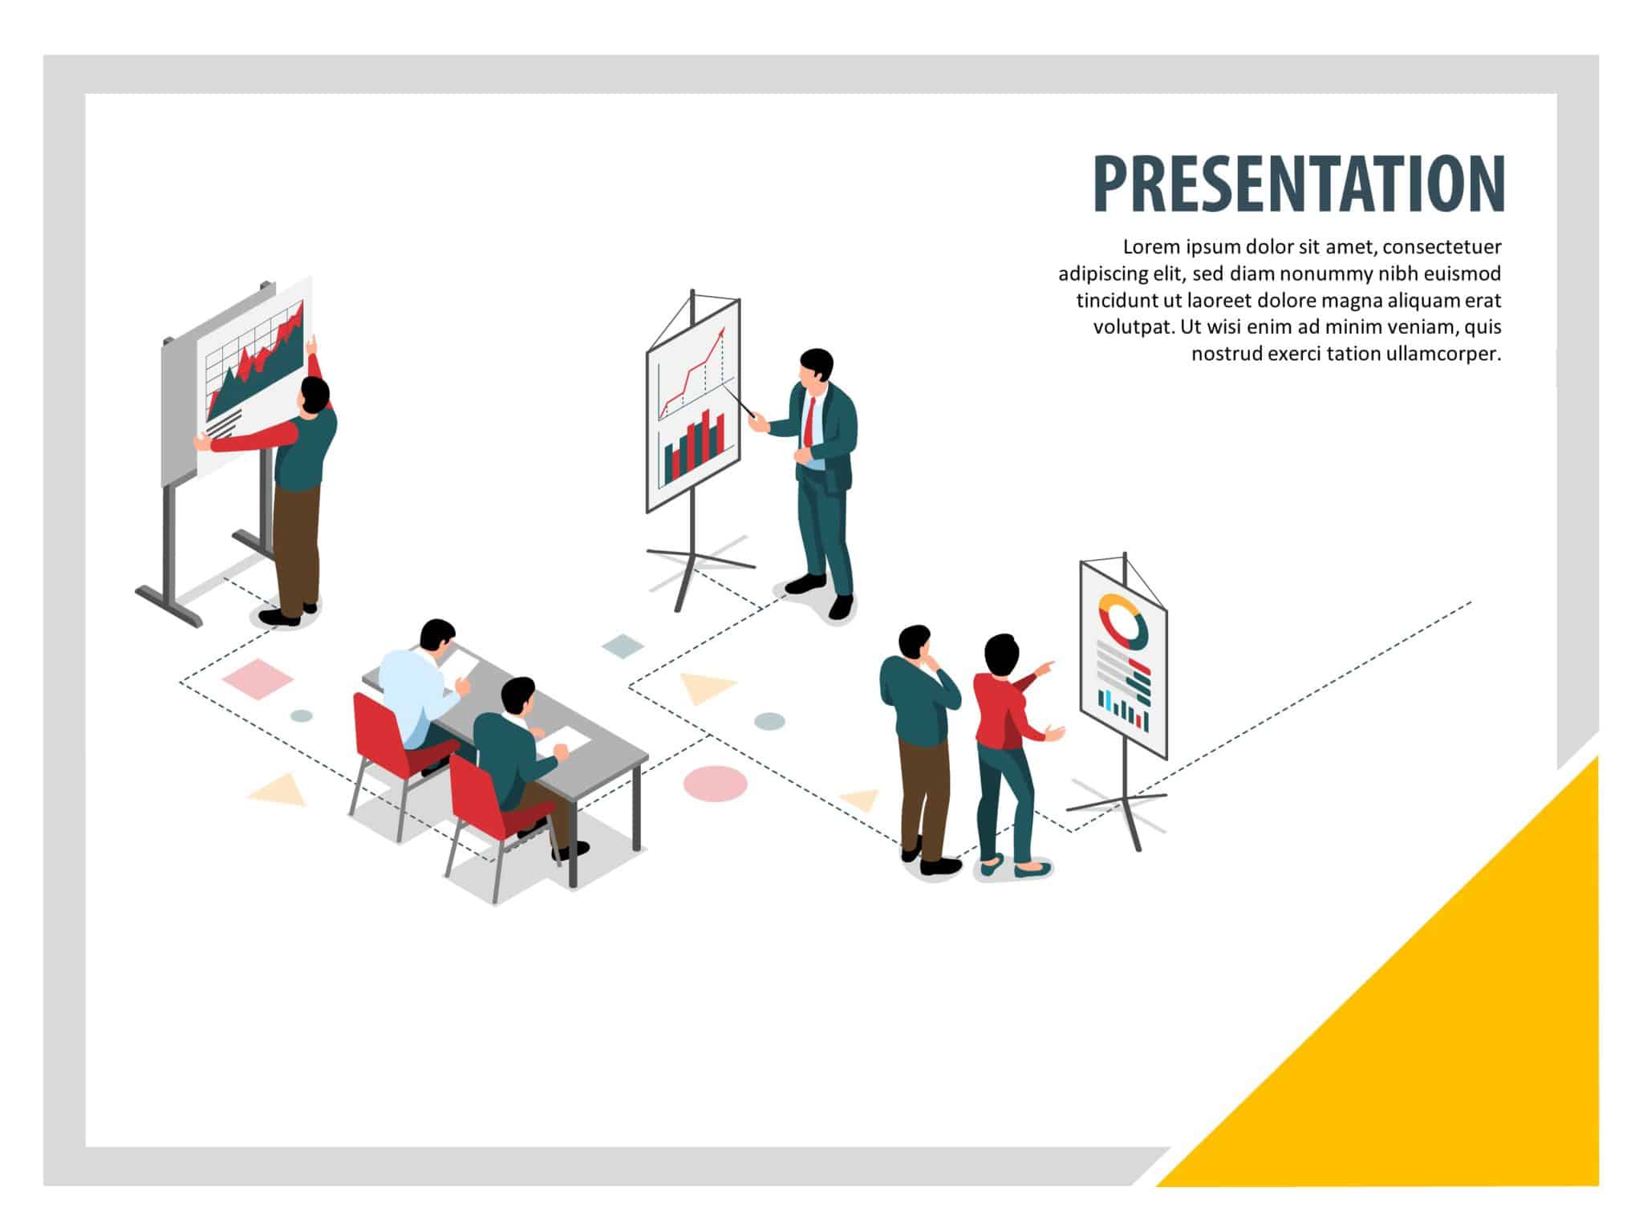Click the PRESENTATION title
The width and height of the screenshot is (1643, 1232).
click(1298, 184)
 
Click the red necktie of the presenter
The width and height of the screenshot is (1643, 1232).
click(809, 421)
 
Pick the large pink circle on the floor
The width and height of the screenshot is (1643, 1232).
click(715, 783)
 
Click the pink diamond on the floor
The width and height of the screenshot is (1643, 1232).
click(258, 679)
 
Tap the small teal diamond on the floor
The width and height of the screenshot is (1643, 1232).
click(623, 646)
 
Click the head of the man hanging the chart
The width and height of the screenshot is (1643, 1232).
click(314, 395)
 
